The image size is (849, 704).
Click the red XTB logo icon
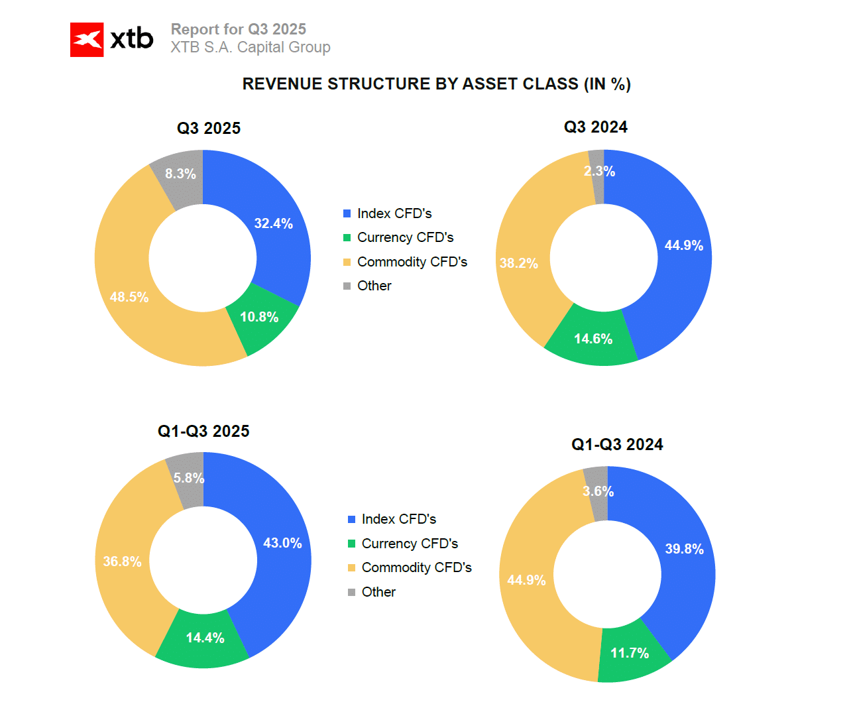pos(87,40)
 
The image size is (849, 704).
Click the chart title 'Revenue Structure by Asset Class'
pos(436,84)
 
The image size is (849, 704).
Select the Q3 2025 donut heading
pos(208,129)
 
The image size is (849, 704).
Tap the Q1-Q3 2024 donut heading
pos(617,445)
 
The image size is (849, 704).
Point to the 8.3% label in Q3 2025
pos(180,174)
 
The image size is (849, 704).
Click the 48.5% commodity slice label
pos(129,297)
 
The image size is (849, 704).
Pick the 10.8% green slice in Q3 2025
pos(259,317)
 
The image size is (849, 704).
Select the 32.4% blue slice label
pos(273,223)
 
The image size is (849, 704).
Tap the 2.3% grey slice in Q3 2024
pos(599,171)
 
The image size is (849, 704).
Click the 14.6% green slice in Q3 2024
pos(593,339)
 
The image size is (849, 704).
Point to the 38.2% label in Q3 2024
pos(519,263)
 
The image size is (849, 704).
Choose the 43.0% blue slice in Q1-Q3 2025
pos(282,543)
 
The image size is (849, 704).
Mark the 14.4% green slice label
pos(205,638)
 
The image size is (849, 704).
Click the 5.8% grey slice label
pos(189,478)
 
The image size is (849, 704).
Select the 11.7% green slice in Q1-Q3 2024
pos(630,653)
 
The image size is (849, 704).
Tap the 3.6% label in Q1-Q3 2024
pos(598,491)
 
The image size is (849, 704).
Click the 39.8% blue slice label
pos(684,549)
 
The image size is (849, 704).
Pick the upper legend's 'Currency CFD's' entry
pos(405,237)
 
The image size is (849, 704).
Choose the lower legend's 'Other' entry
pos(378,592)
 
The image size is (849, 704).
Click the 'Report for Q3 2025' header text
pos(239,29)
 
